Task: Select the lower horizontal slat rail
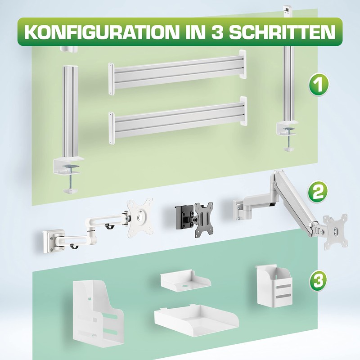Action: (x=178, y=118)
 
